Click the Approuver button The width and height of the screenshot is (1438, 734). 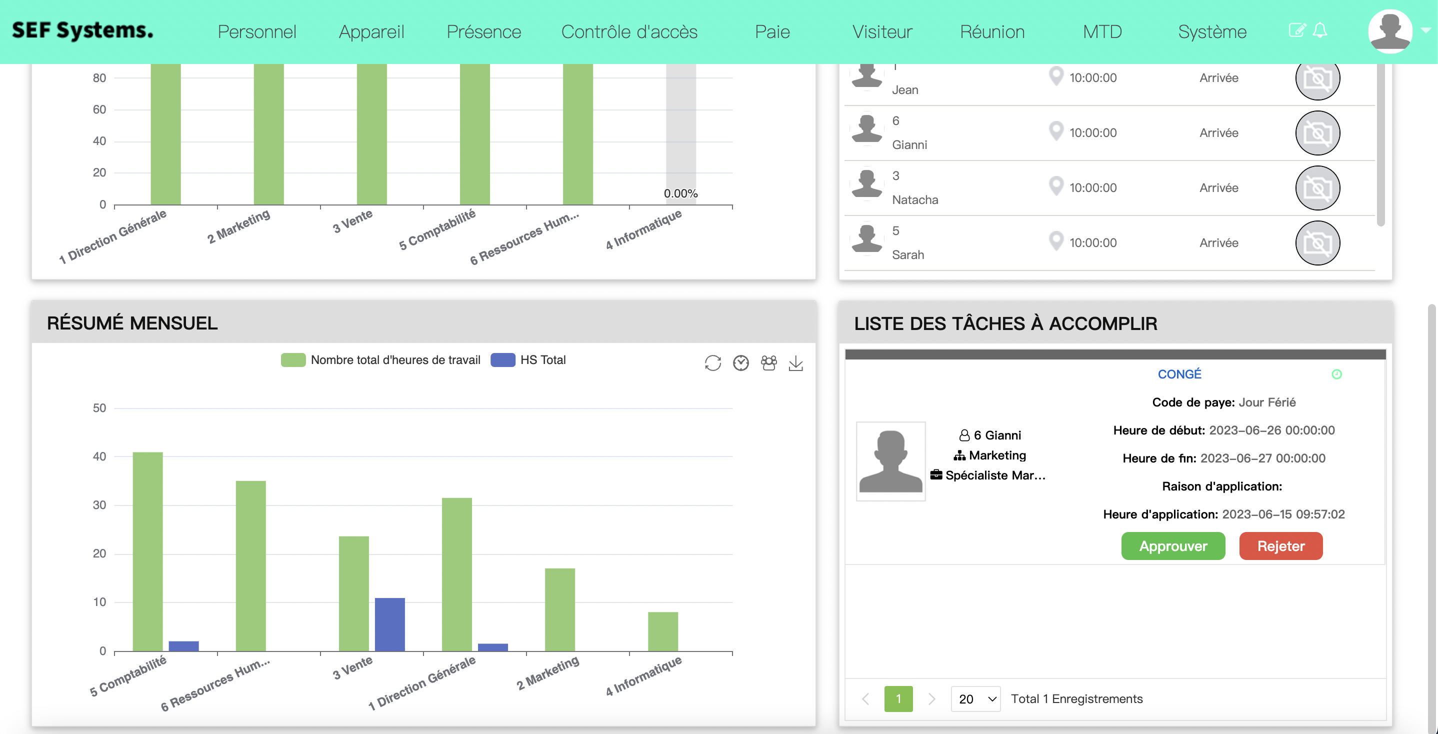pos(1173,546)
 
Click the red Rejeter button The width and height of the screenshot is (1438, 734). pos(1280,546)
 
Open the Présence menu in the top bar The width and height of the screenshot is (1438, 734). pos(483,32)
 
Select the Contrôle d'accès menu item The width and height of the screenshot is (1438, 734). pos(629,32)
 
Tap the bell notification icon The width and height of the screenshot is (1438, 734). pos(1319,30)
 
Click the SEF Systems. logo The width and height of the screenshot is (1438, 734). pos(82,30)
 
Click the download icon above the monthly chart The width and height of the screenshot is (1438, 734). pos(795,363)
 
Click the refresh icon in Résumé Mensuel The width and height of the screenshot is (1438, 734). pos(712,363)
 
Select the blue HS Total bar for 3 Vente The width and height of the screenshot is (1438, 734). pos(389,624)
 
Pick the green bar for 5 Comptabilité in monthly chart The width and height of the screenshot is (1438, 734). pos(147,551)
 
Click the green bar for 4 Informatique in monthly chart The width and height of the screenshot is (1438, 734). pos(662,631)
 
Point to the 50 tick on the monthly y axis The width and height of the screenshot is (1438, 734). pos(99,408)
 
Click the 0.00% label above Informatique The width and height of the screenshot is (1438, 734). pos(680,193)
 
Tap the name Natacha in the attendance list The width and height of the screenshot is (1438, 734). pos(915,200)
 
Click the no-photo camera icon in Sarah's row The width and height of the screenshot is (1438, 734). pos(1317,243)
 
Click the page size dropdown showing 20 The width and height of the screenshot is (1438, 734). pos(975,699)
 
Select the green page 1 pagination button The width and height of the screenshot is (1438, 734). pos(898,699)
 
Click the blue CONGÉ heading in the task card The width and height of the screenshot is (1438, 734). pos(1179,374)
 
